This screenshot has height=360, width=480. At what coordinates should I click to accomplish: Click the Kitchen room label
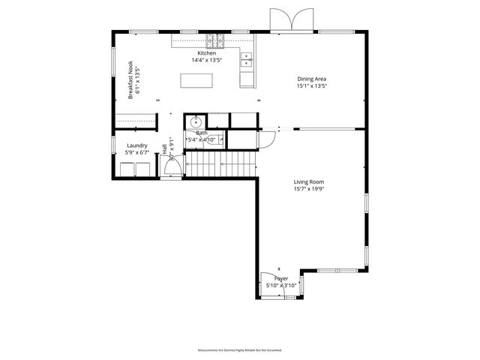tap(207, 53)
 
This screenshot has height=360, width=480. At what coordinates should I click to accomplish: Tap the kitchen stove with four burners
tap(211, 40)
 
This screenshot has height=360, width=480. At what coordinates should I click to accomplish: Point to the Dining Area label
tap(311, 78)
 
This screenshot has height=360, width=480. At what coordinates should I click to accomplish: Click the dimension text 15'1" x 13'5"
tap(311, 85)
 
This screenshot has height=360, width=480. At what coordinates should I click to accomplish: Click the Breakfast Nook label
tap(130, 83)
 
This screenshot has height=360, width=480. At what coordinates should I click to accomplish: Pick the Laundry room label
tap(136, 145)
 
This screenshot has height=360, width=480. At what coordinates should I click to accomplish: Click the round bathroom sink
tap(195, 122)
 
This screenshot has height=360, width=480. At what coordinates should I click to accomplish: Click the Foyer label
tap(280, 278)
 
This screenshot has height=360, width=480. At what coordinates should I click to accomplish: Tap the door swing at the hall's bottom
tap(171, 169)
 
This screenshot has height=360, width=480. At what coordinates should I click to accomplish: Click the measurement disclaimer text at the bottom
tap(239, 350)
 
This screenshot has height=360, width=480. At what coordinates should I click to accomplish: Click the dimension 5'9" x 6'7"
tap(136, 153)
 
